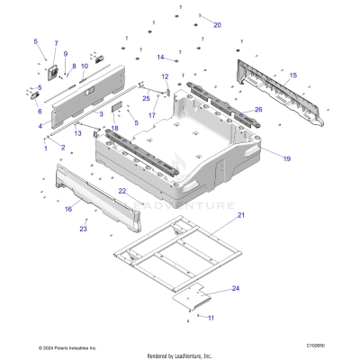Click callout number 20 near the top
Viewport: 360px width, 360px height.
pos(217,25)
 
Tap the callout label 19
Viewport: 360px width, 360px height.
pos(287,158)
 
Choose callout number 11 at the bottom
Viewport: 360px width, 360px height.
pos(211,318)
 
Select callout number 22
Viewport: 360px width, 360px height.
pos(121,191)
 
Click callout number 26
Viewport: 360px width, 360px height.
pos(258,110)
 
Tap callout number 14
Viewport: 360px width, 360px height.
pos(161,58)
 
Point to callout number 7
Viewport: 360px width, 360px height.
pos(55,43)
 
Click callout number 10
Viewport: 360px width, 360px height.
pos(85,66)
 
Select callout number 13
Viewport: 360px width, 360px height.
pos(78,133)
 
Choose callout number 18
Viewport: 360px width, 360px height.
pos(115,130)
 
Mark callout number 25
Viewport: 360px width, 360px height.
pos(146,98)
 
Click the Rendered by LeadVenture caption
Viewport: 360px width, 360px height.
pos(179,355)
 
